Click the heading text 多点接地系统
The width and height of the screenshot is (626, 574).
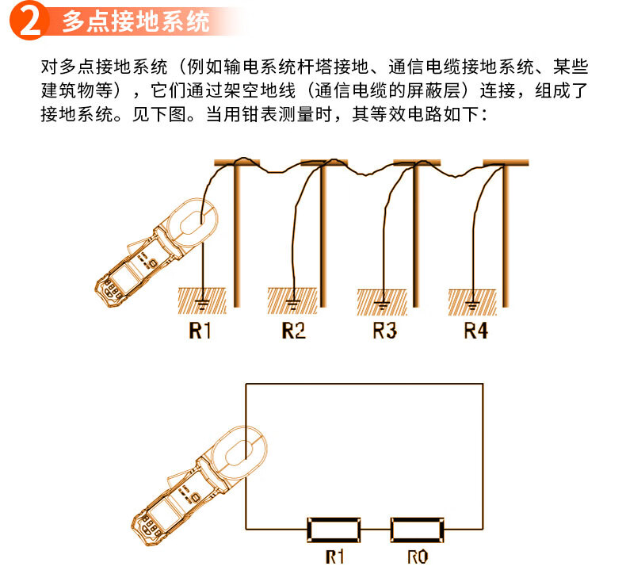point(136,21)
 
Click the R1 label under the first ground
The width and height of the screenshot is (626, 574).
point(200,331)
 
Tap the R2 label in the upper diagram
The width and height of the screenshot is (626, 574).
point(293,331)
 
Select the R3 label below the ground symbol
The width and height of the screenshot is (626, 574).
point(385,331)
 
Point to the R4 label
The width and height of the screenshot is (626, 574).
point(476,331)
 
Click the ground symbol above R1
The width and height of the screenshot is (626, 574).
point(203,304)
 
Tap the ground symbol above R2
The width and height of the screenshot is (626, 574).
point(293,304)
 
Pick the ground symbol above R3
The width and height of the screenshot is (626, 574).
point(383,305)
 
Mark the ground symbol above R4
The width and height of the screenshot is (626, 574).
point(473,305)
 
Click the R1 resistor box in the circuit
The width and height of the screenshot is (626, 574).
point(334,530)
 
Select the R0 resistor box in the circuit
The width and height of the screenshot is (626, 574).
point(417,530)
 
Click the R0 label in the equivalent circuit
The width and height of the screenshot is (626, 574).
point(418,557)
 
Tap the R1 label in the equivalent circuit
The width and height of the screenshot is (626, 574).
point(334,557)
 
